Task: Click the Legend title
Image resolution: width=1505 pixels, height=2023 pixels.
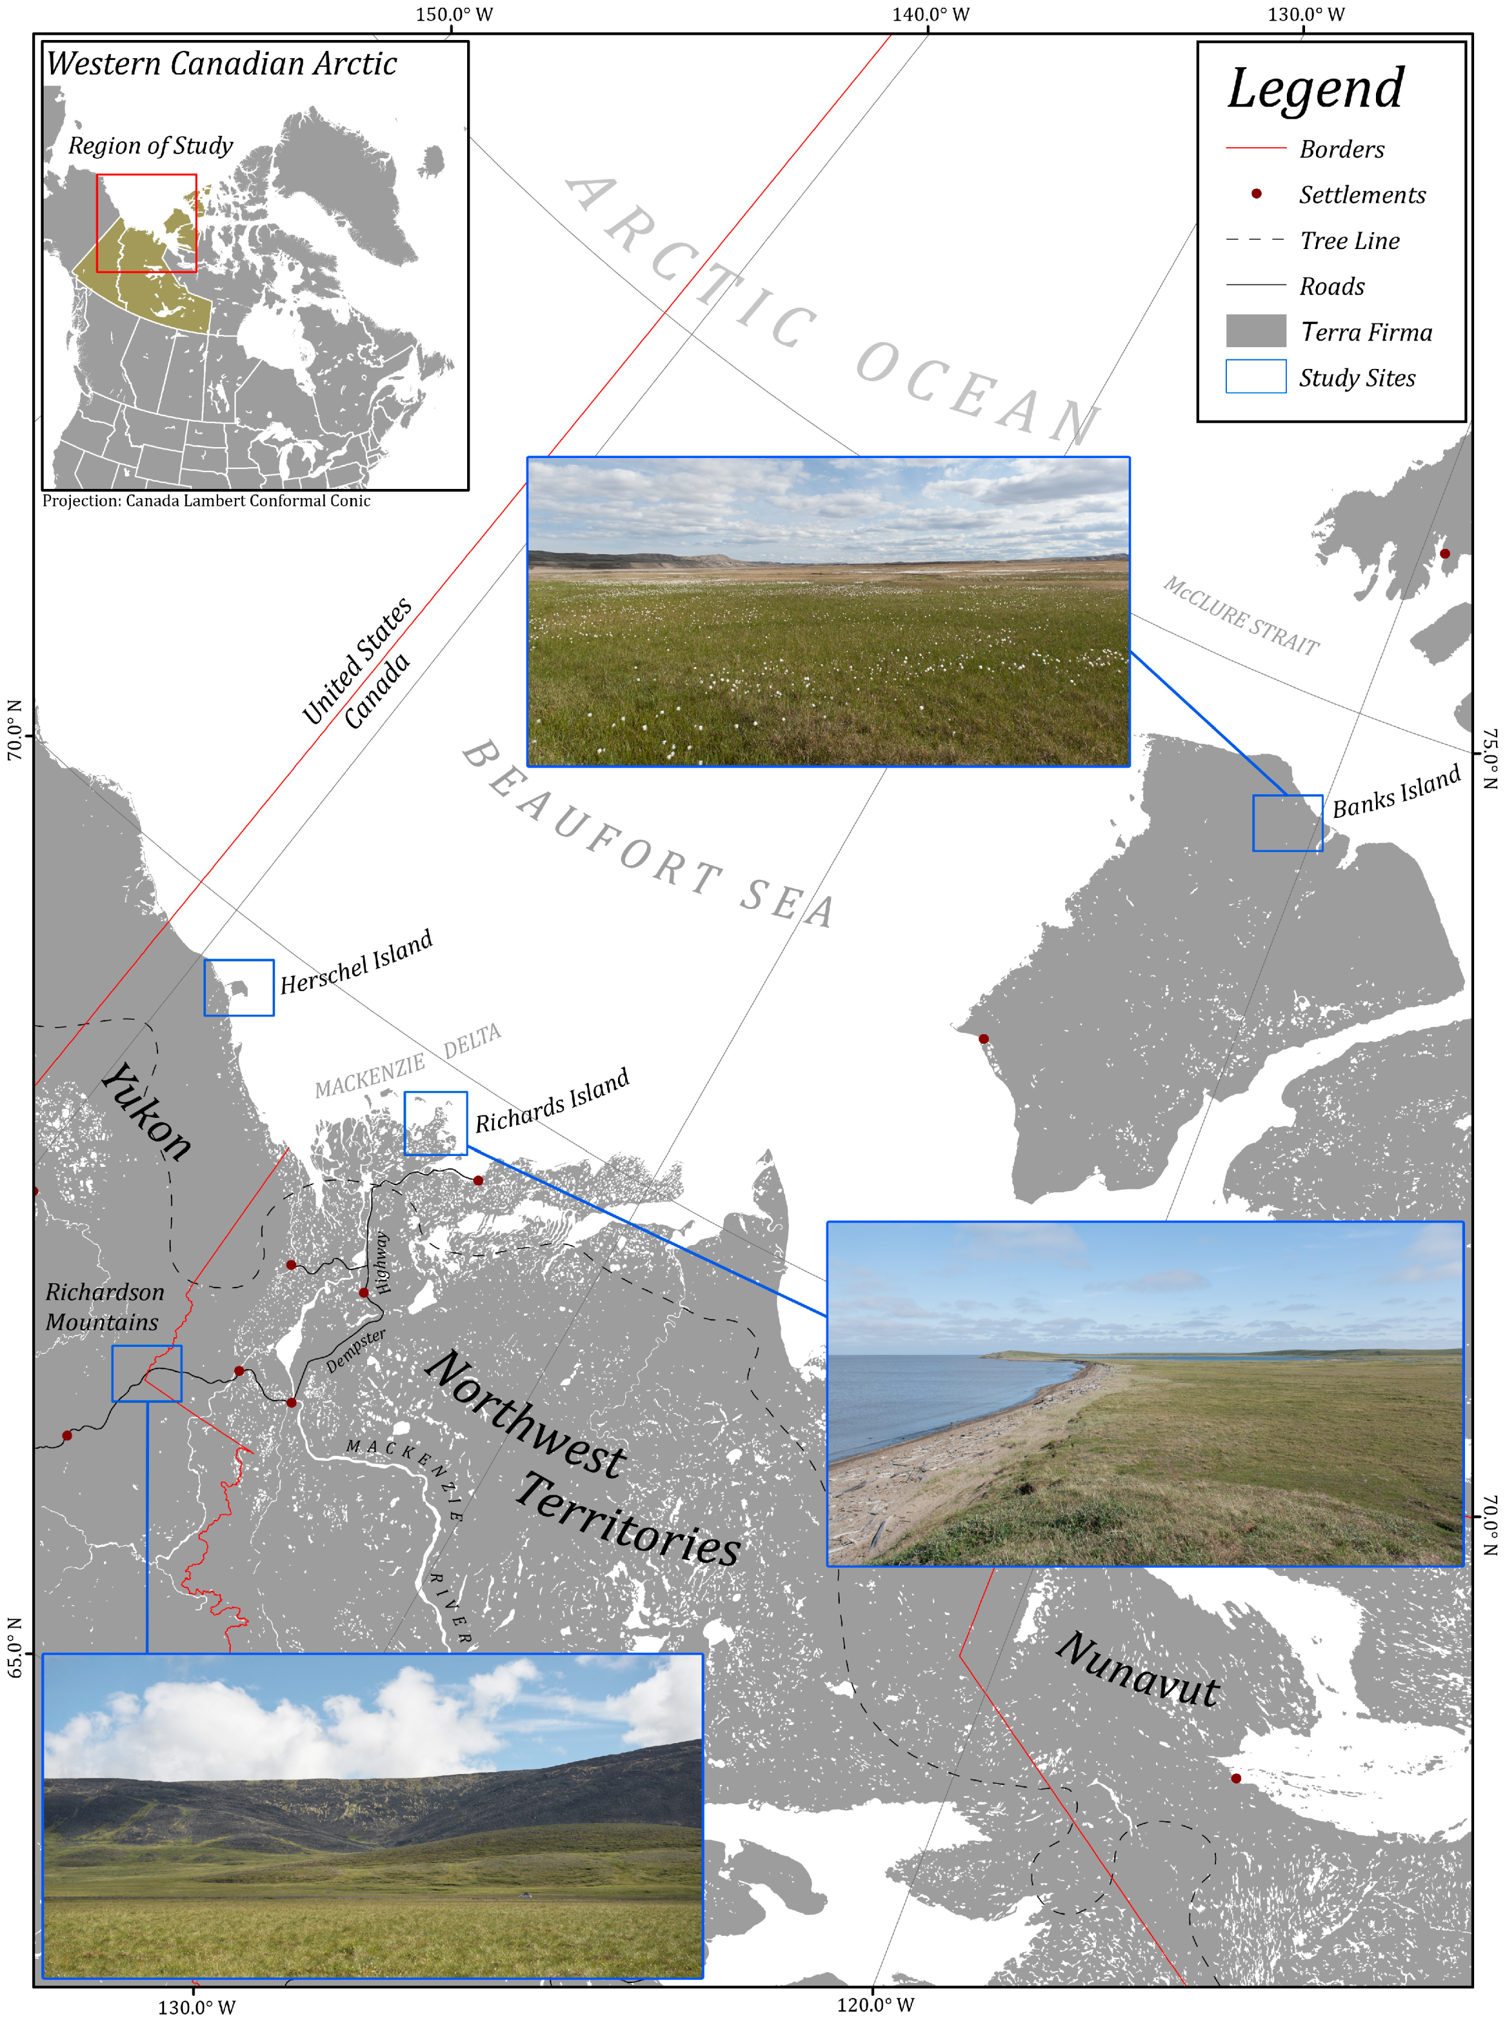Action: pos(1315,88)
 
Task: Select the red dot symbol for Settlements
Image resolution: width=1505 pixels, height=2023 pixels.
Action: pos(1255,194)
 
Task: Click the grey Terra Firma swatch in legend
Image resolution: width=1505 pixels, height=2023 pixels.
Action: pos(1255,331)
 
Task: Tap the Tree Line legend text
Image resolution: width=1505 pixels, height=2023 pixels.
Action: pos(1349,241)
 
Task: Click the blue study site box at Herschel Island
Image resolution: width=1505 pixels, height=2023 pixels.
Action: pos(239,988)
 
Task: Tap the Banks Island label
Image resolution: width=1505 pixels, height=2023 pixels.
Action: pos(1397,791)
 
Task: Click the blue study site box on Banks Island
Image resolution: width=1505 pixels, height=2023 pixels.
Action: pos(1287,823)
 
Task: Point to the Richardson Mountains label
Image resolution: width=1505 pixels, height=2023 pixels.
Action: pos(105,1306)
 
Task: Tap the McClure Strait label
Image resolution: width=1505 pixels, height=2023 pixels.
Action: pos(1241,616)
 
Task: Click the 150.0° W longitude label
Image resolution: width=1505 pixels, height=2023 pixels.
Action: pos(454,15)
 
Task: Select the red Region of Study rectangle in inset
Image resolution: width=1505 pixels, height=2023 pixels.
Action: pos(147,223)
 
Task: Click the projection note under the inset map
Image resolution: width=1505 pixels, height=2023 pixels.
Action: pos(207,500)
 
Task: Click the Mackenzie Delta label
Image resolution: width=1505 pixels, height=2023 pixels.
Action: pos(407,1060)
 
